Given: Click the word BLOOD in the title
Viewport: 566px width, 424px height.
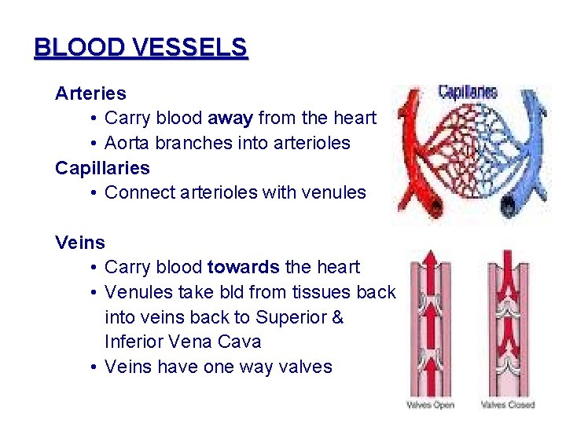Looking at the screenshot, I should click(74, 48).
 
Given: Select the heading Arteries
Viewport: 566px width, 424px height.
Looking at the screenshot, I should click(90, 93).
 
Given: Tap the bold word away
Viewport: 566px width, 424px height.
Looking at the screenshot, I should click(230, 119).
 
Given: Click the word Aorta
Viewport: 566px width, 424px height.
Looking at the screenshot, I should click(128, 144).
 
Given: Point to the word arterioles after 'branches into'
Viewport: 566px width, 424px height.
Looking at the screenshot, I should click(306, 144).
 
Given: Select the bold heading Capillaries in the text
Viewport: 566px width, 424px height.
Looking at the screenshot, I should click(102, 168).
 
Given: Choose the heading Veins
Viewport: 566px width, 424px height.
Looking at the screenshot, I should click(80, 243).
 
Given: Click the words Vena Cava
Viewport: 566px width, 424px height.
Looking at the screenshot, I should click(222, 342).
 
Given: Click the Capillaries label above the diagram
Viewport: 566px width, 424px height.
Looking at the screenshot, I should click(468, 92).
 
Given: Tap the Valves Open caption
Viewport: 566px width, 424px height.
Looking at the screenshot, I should click(430, 405).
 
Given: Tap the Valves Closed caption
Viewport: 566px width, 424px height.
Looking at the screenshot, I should click(507, 405).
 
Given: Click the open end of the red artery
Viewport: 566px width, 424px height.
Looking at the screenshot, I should click(431, 205).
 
